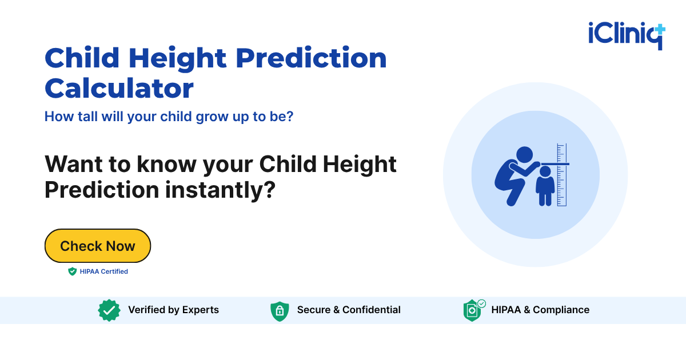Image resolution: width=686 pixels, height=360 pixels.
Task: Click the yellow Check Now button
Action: (x=98, y=246)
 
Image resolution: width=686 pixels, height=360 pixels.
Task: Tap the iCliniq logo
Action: (x=627, y=35)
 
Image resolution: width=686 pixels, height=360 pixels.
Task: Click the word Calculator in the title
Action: (x=119, y=89)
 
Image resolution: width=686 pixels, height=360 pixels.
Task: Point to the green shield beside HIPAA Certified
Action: (x=72, y=271)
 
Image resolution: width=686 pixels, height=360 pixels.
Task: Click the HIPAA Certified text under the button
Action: (x=104, y=271)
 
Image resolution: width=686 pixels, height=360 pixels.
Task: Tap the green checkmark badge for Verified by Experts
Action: (x=109, y=310)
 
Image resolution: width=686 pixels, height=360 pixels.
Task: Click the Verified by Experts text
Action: (x=173, y=310)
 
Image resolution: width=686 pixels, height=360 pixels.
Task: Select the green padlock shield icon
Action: (x=280, y=311)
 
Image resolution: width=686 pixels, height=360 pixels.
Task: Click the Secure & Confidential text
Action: (x=349, y=310)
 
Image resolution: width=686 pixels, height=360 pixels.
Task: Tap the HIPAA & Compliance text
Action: (x=540, y=310)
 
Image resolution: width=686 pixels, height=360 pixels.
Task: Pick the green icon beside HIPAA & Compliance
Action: (x=474, y=310)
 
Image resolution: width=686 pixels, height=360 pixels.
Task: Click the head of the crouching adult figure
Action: (x=524, y=155)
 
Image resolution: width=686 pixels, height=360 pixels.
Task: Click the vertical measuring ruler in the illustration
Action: (x=561, y=175)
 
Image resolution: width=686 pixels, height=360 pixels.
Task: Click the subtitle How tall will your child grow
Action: (x=169, y=117)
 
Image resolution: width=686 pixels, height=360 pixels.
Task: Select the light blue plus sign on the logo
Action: (x=660, y=29)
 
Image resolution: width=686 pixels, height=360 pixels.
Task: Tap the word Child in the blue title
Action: (x=82, y=58)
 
